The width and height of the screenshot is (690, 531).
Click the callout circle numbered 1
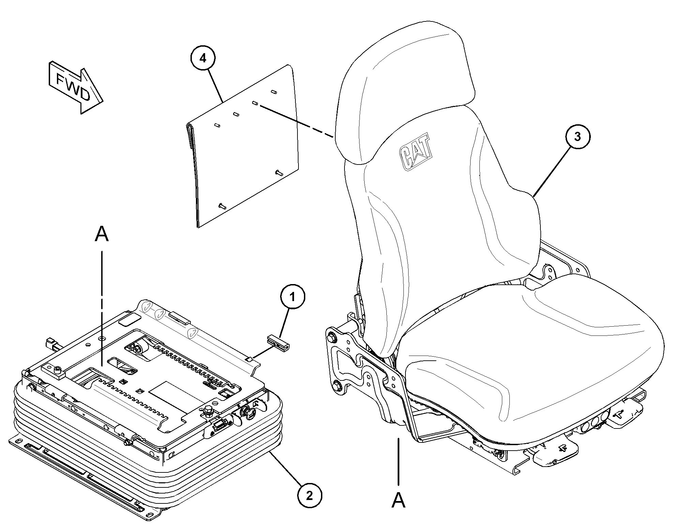point(292,297)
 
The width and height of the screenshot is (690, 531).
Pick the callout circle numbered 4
point(203,58)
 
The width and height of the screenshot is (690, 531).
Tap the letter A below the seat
point(398,500)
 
